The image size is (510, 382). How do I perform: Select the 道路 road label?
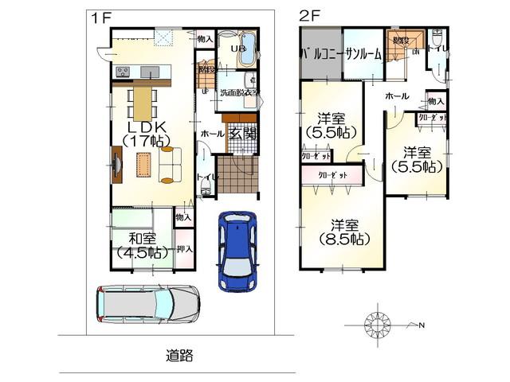[x=180, y=355]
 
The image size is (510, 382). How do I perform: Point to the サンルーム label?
[x=363, y=54]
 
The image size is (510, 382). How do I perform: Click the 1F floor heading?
[x=98, y=16]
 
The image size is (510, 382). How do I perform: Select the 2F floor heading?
[x=309, y=16]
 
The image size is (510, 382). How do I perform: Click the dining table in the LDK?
[x=141, y=102]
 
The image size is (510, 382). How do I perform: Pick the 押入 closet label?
[x=183, y=248]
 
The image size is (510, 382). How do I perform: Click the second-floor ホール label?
[x=396, y=96]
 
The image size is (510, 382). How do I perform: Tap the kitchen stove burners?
[x=124, y=72]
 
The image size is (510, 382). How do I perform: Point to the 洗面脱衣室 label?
[x=237, y=92]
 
